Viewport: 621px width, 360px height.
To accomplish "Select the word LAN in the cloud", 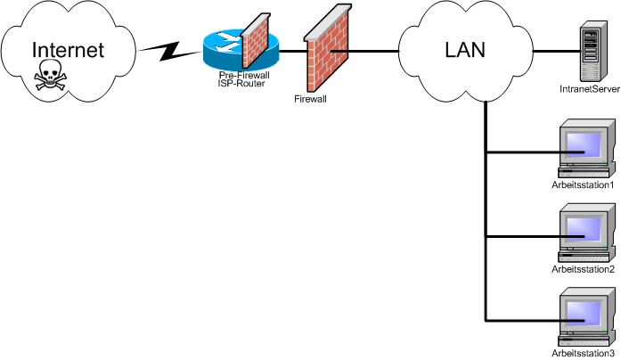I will tap(464, 50).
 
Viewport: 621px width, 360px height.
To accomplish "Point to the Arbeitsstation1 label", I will tap(584, 184).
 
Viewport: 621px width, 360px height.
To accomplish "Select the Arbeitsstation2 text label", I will tap(584, 268).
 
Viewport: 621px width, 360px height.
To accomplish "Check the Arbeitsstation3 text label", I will tap(584, 354).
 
